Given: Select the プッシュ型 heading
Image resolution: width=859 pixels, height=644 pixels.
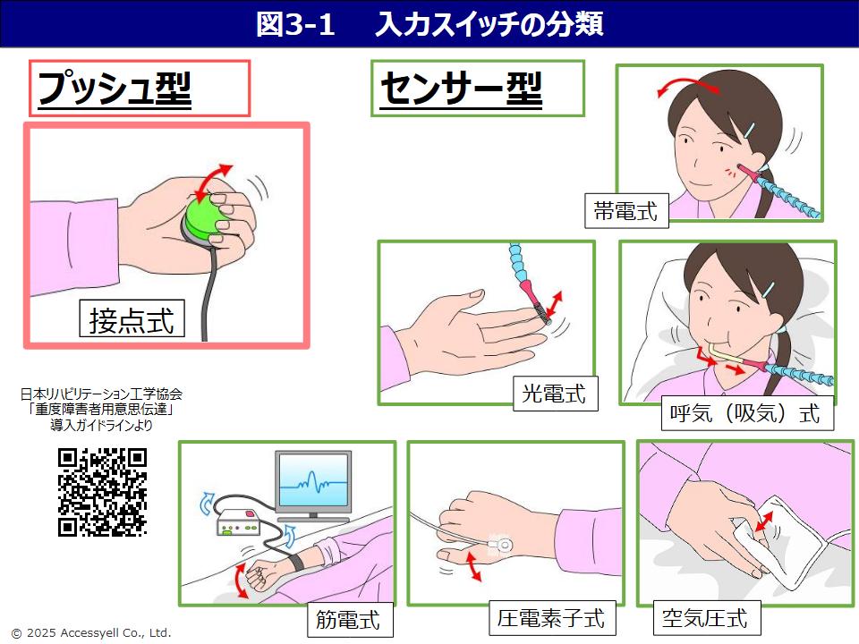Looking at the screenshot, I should [x=115, y=89].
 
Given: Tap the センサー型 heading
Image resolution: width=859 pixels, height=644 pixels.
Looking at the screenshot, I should [x=462, y=89].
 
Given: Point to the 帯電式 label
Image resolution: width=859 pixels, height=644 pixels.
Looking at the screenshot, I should [x=625, y=211].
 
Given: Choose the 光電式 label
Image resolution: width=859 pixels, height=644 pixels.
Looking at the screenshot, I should [x=554, y=393].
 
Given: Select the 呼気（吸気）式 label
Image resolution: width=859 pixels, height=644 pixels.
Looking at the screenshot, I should [x=744, y=414].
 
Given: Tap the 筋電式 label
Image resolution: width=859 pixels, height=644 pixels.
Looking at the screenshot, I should [x=348, y=617].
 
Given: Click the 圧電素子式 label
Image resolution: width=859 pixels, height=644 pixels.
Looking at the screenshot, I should [x=551, y=617].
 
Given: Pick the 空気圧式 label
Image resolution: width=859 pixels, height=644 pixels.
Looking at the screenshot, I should [x=704, y=617].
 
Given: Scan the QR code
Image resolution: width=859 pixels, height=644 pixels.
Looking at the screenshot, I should [x=102, y=492].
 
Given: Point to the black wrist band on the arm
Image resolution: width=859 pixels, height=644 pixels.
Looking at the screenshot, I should [x=293, y=564].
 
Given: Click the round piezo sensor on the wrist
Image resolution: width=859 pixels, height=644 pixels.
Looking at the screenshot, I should [x=501, y=543].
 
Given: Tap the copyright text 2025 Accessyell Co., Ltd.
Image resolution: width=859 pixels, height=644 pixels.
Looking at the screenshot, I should [x=90, y=632].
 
